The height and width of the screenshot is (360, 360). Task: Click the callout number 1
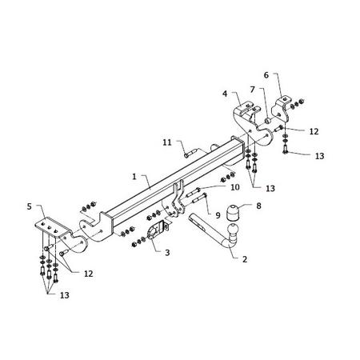[x=134, y=177]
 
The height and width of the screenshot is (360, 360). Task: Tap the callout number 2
[x=245, y=259]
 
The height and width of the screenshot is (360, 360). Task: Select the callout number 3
[x=167, y=252]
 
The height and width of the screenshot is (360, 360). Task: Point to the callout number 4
[x=225, y=94]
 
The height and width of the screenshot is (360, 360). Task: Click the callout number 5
[x=29, y=206]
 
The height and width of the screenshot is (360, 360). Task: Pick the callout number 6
[x=266, y=75]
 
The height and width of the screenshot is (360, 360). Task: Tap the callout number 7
[x=252, y=90]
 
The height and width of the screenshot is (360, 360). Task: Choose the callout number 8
[x=258, y=206]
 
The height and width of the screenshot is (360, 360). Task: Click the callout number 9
[x=218, y=215]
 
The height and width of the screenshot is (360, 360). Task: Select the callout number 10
[x=234, y=187]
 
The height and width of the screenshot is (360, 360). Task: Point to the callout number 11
[x=167, y=142]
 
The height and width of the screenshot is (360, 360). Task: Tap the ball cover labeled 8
[x=232, y=213]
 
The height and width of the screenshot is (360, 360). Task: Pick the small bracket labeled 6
[x=281, y=110]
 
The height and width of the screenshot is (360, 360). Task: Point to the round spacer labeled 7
[x=268, y=121]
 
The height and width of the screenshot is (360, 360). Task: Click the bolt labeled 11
[x=190, y=154]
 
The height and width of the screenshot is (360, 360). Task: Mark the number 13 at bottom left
[x=64, y=295]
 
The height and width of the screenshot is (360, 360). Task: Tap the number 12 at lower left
[x=88, y=274]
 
